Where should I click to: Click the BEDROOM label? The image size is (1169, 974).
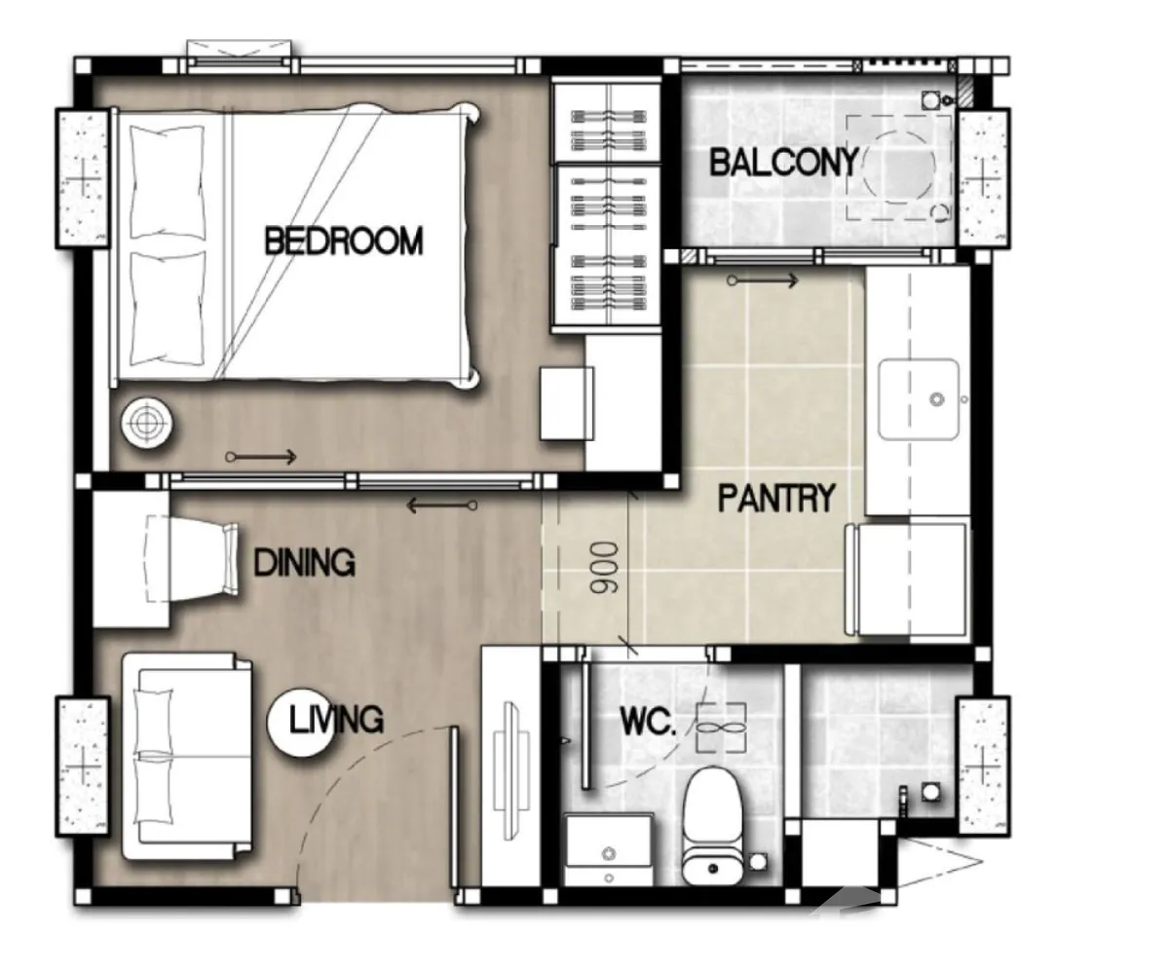pos(343,241)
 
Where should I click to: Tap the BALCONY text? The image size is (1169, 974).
pos(784,163)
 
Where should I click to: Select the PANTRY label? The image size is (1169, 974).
pos(776,498)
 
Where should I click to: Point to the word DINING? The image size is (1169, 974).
pos(305,562)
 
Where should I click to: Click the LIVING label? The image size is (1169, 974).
pos(336,720)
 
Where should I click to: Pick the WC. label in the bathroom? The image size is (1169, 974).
pos(648,722)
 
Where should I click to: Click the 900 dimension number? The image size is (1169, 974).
pos(604,567)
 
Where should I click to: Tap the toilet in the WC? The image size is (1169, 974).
pos(713,826)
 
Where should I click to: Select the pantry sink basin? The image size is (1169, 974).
pos(919,399)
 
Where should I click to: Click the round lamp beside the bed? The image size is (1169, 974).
pos(147,423)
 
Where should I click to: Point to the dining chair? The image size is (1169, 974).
pos(192,559)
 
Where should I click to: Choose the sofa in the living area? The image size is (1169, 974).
pos(187,756)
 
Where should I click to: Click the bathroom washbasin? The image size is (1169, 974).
pos(609,848)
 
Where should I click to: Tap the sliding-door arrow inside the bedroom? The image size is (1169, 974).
pos(260,458)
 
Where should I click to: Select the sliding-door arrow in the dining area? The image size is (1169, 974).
pos(441,506)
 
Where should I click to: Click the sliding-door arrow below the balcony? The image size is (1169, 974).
pos(763,281)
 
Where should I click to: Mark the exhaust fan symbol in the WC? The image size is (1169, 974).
pos(721,728)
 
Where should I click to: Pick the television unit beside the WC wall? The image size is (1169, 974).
pos(510,770)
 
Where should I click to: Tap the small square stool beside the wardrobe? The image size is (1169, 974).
pos(567,403)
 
